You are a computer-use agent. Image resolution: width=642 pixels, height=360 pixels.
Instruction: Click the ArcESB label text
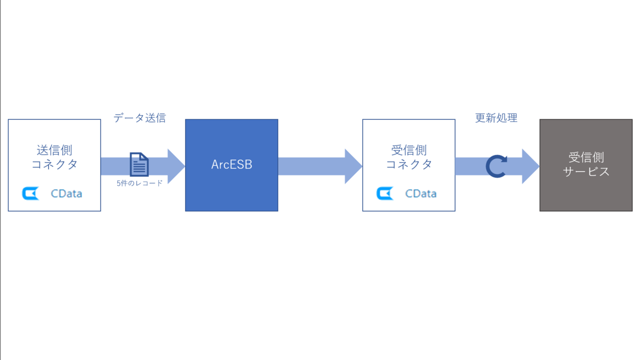click(232, 165)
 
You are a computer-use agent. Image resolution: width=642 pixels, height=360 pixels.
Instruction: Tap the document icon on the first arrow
click(139, 164)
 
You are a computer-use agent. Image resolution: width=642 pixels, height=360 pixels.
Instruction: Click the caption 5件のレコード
click(140, 183)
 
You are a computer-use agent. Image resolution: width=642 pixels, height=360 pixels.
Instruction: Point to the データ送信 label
click(140, 118)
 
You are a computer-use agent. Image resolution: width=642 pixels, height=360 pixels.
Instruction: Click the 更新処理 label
click(496, 118)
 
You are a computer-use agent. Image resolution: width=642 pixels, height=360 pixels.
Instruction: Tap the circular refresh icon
click(496, 166)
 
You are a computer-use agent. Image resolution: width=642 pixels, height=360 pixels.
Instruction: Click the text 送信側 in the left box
click(55, 150)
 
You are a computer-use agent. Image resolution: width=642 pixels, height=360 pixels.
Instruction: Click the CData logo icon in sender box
click(30, 193)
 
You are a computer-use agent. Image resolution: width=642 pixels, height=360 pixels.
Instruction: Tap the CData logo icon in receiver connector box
click(385, 193)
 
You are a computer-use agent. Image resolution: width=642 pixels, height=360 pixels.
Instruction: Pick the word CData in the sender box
click(66, 193)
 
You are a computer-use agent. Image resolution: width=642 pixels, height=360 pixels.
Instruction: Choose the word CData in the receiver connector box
click(421, 193)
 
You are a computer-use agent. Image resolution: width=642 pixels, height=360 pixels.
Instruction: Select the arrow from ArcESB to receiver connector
click(320, 166)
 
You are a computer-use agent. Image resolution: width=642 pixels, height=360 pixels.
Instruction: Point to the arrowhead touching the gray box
click(530, 166)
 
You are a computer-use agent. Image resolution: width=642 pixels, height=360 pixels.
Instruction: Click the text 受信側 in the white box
click(409, 150)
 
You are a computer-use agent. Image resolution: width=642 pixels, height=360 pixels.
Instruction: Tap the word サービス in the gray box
click(586, 172)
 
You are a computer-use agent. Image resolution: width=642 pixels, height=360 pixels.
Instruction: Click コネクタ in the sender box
click(55, 164)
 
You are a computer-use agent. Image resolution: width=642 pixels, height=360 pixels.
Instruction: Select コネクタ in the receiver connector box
click(409, 164)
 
